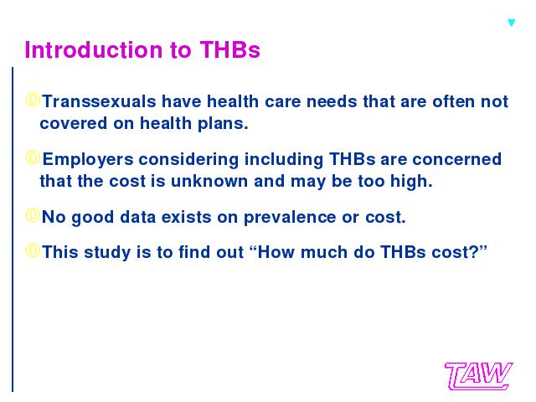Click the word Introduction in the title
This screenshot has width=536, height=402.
pyautogui.click(x=93, y=50)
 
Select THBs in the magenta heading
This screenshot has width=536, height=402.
pyautogui.click(x=229, y=50)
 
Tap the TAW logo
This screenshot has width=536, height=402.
pyautogui.click(x=478, y=376)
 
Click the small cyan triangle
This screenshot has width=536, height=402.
pyautogui.click(x=512, y=23)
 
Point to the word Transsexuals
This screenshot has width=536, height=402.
pyautogui.click(x=99, y=101)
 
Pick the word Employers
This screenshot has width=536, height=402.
pyautogui.click(x=88, y=160)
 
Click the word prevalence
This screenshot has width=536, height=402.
pyautogui.click(x=290, y=218)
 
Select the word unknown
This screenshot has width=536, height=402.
pyautogui.click(x=209, y=181)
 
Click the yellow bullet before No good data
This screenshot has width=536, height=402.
pyautogui.click(x=33, y=215)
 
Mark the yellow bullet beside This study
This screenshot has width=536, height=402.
pyautogui.click(x=33, y=250)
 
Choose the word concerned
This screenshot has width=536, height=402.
pyautogui.click(x=457, y=159)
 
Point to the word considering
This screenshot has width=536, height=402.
pyautogui.click(x=188, y=160)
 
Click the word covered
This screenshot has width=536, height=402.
pyautogui.click(x=74, y=123)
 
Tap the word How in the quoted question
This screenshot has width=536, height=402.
pyautogui.click(x=276, y=252)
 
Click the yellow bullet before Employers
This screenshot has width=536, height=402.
pyautogui.click(x=33, y=157)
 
